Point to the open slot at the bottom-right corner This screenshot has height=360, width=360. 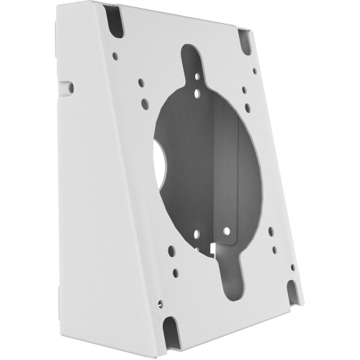(292, 289)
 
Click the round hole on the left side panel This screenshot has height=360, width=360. (71, 88)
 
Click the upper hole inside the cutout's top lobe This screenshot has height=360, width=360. (197, 73)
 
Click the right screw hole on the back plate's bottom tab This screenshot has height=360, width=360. (228, 231)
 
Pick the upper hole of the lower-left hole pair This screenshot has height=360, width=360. (168, 253)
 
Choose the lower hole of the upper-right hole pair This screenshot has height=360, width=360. (248, 107)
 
